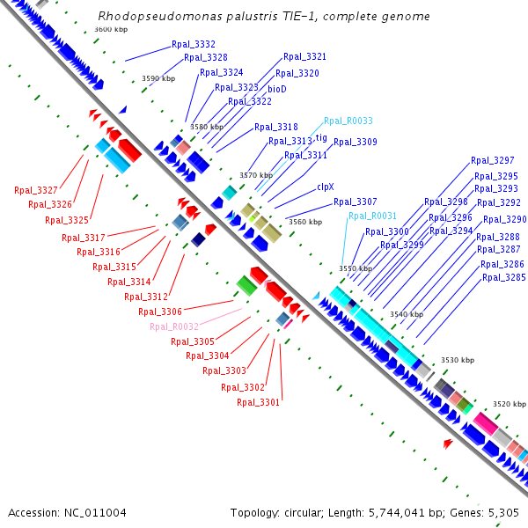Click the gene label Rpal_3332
(x=193, y=44)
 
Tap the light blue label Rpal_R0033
(x=348, y=121)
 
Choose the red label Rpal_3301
(x=258, y=402)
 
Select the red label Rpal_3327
(x=35, y=190)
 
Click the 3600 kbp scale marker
(x=110, y=29)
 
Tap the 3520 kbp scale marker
(x=509, y=404)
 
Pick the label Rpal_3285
(x=503, y=277)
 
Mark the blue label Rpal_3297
(x=492, y=160)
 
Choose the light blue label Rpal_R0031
(x=372, y=216)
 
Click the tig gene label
(x=321, y=137)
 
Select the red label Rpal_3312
(x=148, y=297)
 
